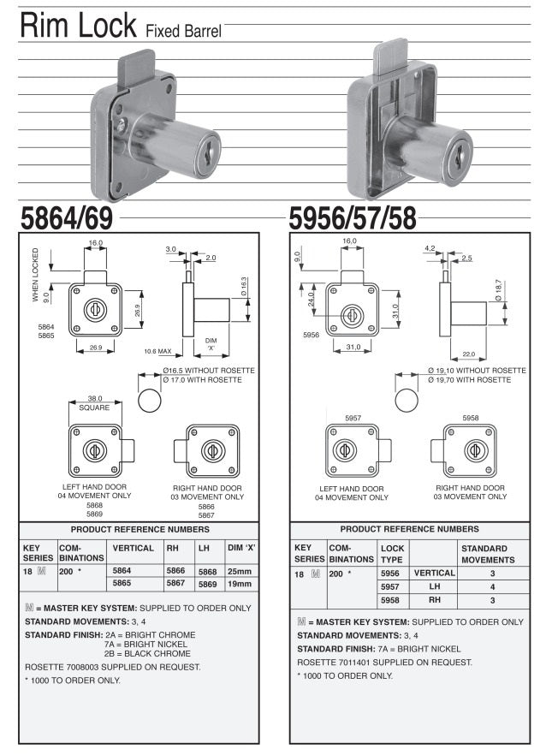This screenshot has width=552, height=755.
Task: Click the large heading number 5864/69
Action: tap(67, 218)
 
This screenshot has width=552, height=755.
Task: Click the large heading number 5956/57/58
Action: tap(353, 218)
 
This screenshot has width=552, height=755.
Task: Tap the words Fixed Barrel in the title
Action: tap(183, 32)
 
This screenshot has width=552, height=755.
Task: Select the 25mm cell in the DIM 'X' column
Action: tap(240, 571)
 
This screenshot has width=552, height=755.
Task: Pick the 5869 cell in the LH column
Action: tap(207, 584)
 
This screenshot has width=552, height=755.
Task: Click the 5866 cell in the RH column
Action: tap(175, 571)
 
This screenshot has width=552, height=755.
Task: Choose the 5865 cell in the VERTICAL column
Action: tap(122, 583)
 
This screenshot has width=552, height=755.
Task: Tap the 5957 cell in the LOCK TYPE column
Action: tap(389, 586)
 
